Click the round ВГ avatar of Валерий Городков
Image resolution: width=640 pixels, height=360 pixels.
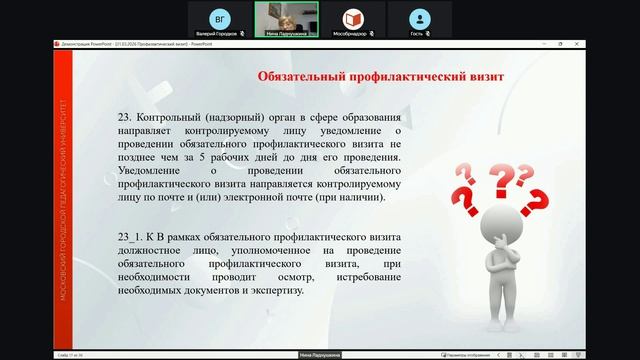coord(221,18)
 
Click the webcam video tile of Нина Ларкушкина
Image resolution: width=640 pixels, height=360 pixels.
coord(286,17)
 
